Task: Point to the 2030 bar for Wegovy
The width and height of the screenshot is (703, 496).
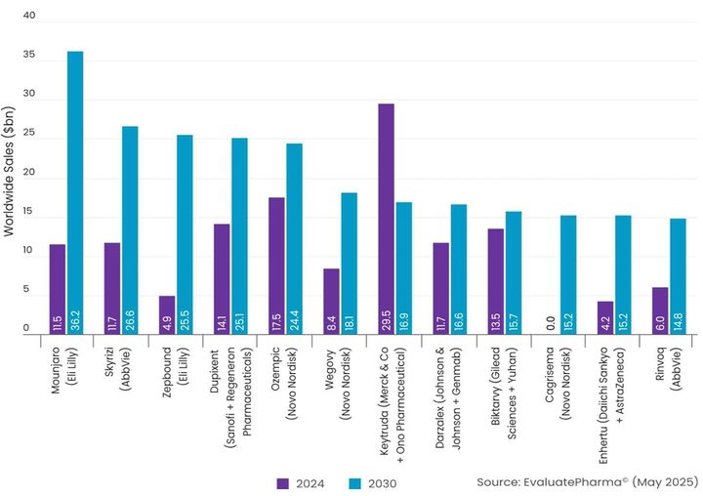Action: pos(350,264)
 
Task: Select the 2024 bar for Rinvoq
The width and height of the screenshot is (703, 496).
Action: pos(660,310)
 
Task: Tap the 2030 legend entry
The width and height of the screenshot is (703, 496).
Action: pos(371,482)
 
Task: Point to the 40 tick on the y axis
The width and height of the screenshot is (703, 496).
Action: pos(28,17)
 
